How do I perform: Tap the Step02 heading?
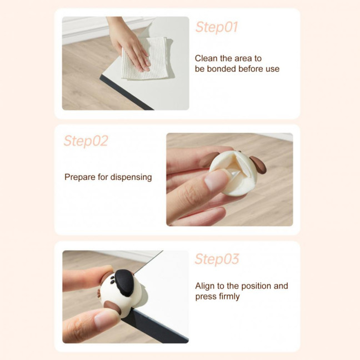tap(86, 141)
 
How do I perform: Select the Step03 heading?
tap(217, 259)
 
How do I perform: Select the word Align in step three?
tap(205, 286)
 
